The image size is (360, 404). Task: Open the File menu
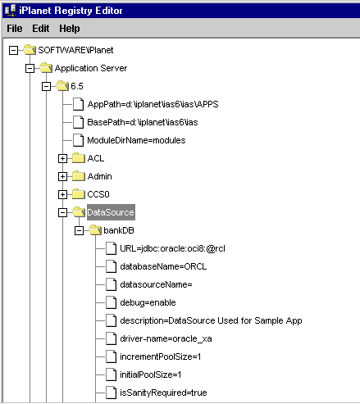click(15, 29)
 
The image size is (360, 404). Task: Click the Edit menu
click(41, 29)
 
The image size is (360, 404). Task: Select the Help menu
click(70, 29)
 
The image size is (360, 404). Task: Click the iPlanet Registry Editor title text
click(71, 11)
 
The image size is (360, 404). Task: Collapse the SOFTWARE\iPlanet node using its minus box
click(13, 50)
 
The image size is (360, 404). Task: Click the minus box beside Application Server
click(30, 68)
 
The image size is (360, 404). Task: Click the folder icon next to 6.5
click(62, 86)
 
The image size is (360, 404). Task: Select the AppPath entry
click(153, 104)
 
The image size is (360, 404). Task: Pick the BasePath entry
click(143, 122)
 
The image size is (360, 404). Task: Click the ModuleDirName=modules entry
click(136, 140)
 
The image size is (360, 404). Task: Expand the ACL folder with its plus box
click(62, 158)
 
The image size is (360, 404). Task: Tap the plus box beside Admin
click(62, 176)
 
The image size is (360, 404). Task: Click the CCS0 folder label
click(98, 194)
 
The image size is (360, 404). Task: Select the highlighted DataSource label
click(111, 212)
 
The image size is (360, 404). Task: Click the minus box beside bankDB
click(79, 230)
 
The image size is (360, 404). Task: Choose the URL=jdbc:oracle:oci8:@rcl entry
click(172, 248)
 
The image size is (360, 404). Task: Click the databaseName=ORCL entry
click(163, 266)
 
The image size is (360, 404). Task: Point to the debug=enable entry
click(148, 302)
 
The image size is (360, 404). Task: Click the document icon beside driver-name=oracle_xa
click(111, 338)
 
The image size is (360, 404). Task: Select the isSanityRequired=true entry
click(163, 393)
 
